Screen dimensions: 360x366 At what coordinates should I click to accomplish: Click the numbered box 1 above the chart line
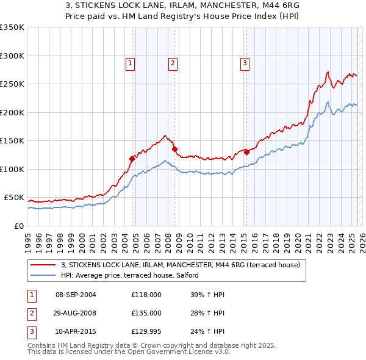click(x=131, y=62)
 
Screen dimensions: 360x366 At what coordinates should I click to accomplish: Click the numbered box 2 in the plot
click(x=173, y=62)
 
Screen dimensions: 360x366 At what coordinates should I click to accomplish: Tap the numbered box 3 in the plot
click(x=245, y=62)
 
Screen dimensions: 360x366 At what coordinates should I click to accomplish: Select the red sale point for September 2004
click(x=132, y=159)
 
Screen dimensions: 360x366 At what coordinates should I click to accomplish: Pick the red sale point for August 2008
click(x=174, y=149)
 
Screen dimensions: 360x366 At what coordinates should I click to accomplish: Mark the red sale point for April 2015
click(x=246, y=152)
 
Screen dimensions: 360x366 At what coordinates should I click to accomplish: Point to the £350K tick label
click(x=12, y=27)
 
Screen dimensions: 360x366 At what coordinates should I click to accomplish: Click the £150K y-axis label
click(x=12, y=140)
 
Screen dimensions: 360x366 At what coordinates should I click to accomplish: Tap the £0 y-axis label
click(x=18, y=226)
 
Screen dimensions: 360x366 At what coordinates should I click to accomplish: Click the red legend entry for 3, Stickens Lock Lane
click(x=180, y=265)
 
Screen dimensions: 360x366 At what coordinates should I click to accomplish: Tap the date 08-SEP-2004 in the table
click(x=76, y=295)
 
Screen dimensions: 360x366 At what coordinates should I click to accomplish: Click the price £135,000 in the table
click(x=146, y=312)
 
